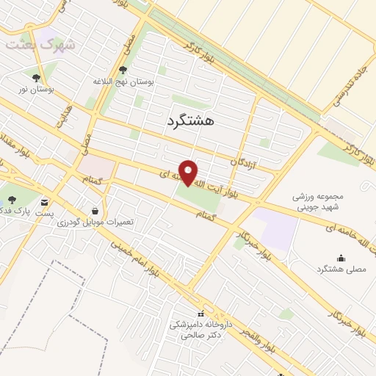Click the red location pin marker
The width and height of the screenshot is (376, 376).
coord(189,172)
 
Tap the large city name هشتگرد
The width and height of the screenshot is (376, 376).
coord(190,121)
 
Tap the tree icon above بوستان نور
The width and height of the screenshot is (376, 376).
coord(35,76)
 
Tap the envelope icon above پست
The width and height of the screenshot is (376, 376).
coord(46,202)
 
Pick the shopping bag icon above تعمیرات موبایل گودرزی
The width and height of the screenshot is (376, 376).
coord(94,209)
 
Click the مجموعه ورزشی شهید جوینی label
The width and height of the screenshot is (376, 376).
coord(319,203)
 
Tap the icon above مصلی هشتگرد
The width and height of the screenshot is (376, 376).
coord(340,258)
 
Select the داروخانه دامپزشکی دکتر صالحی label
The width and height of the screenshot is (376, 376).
coord(202,328)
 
